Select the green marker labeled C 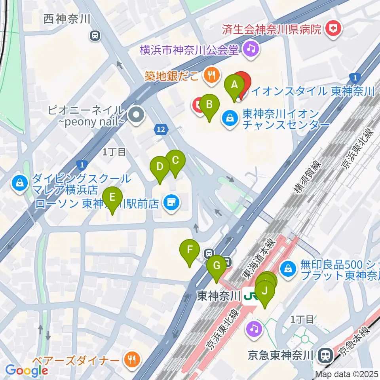175,161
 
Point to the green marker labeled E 112,197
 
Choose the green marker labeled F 190,251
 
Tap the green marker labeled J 265,293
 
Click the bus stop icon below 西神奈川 95,36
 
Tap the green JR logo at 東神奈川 251,296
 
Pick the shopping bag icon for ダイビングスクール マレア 19,182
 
